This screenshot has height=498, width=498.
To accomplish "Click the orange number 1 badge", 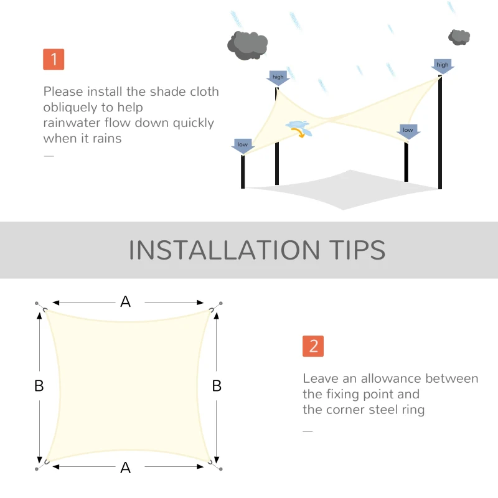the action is (x=54, y=59).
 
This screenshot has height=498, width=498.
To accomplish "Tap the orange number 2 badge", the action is (x=313, y=346).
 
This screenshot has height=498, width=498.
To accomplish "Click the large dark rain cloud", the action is (x=247, y=45).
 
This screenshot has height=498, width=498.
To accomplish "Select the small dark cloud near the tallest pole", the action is (x=459, y=37).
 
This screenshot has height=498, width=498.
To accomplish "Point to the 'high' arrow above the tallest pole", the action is (x=443, y=67).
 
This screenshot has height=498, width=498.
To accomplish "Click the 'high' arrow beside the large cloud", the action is (x=278, y=78).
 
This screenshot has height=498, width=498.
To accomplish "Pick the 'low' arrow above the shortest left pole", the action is (x=243, y=146).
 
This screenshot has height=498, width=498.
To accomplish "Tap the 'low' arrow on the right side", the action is (x=408, y=131).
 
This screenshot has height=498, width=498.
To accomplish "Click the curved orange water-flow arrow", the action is (x=299, y=133).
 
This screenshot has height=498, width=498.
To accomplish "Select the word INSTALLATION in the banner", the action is (x=224, y=250).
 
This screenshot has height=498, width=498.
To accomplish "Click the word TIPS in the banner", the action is (x=357, y=250).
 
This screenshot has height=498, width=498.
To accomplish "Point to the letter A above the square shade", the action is (x=126, y=302).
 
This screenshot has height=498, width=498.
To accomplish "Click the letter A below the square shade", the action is (x=126, y=467).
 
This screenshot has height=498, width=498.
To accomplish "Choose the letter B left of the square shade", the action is (x=39, y=386).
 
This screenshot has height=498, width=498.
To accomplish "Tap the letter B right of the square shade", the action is (x=217, y=386).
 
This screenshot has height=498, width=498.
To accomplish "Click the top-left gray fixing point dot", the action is (x=37, y=303).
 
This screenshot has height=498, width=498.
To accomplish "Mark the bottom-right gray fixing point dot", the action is (x=221, y=469).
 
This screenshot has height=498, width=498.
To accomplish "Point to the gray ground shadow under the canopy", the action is (x=343, y=190).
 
